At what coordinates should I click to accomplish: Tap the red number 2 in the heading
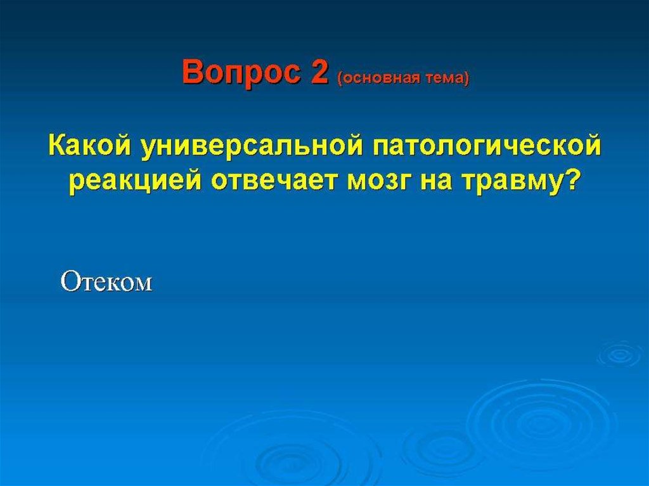[318, 72]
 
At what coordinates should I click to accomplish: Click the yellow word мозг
[380, 182]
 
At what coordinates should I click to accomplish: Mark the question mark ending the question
[567, 181]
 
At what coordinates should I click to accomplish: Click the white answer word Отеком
[106, 283]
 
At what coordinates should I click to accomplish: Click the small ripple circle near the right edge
[620, 354]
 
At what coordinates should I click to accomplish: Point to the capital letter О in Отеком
[70, 282]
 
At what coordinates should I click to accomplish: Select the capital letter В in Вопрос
[193, 72]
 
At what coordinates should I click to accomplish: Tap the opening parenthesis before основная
[340, 79]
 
